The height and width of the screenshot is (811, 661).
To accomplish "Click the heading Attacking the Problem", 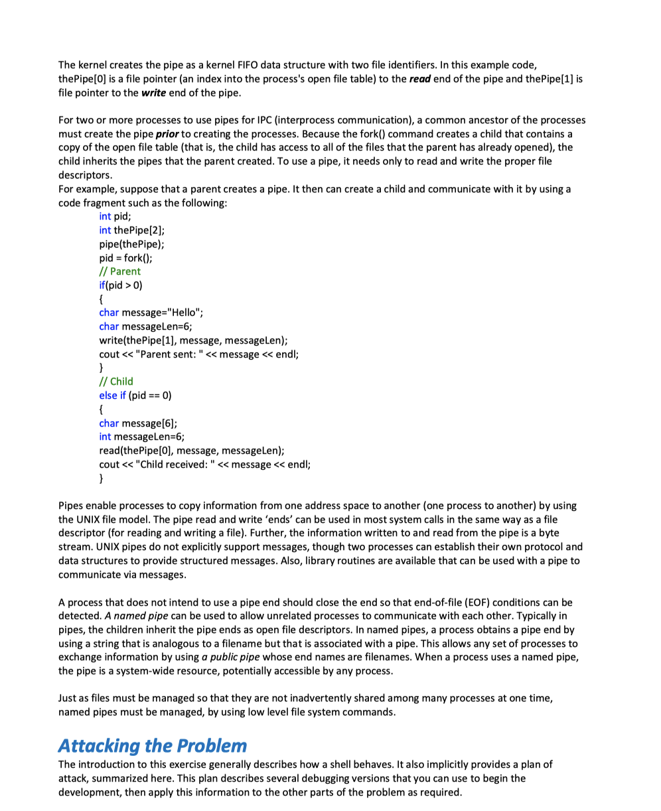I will click(x=152, y=745).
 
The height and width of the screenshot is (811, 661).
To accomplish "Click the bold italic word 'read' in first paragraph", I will click(x=422, y=80).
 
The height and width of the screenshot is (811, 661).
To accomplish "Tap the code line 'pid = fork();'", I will click(x=126, y=258).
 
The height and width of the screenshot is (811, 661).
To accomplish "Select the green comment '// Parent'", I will click(x=119, y=271).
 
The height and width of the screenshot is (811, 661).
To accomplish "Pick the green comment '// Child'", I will click(x=115, y=381).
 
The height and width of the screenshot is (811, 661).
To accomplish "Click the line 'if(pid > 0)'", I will click(x=120, y=285).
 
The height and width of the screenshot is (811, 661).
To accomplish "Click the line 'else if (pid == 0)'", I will click(x=135, y=395).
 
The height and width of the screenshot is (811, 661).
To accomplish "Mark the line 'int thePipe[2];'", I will click(x=131, y=230).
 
